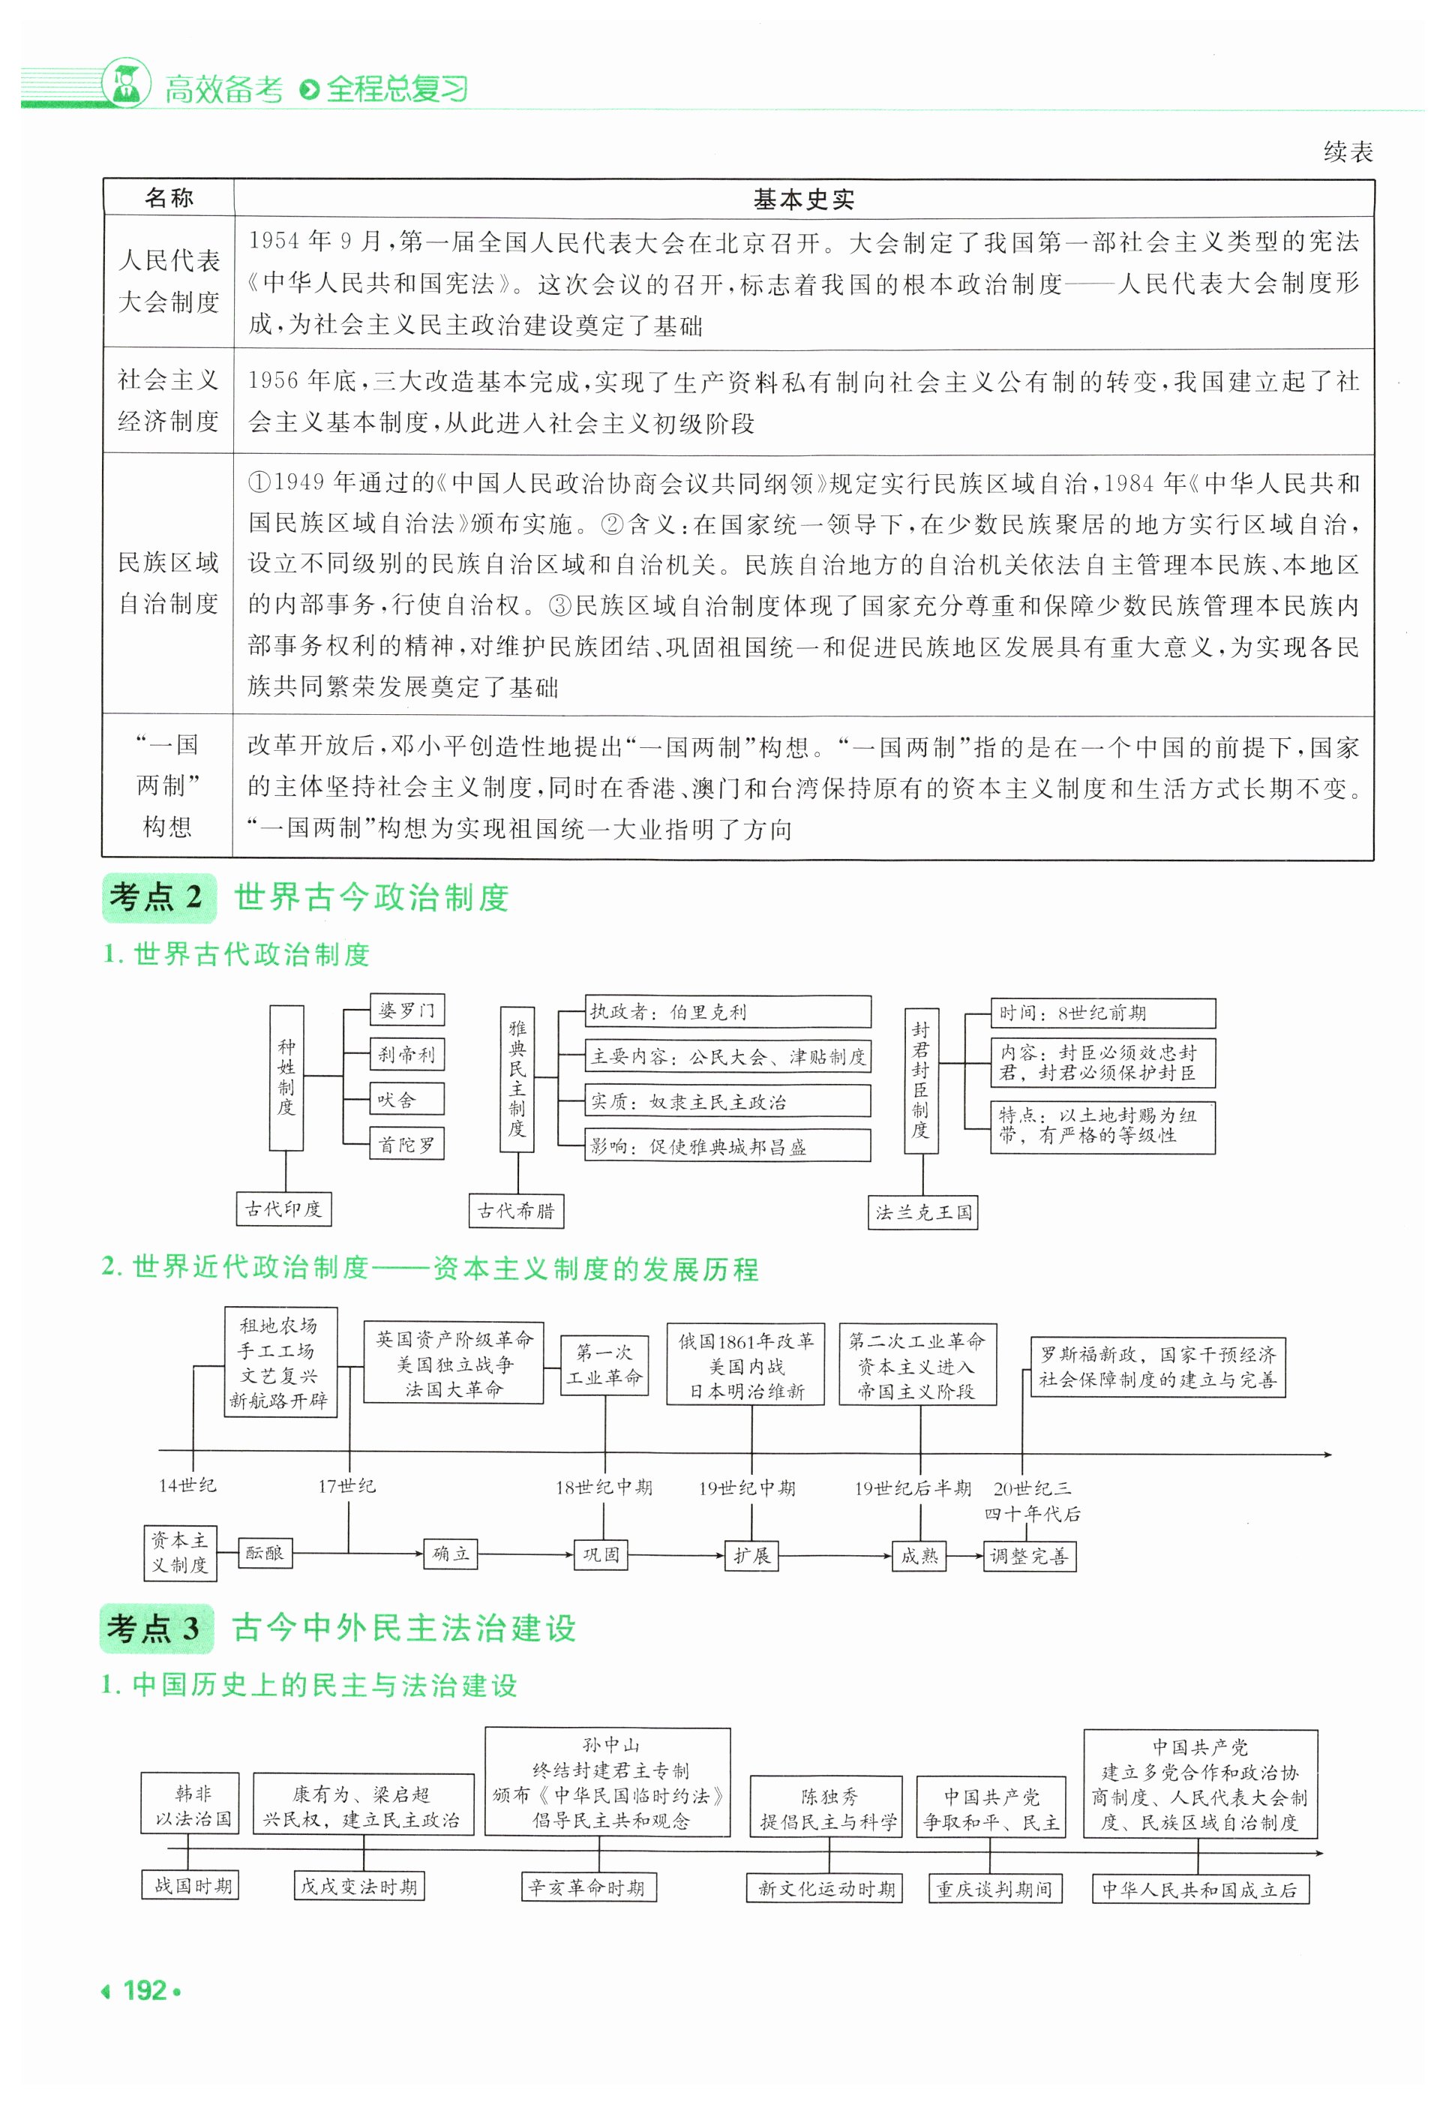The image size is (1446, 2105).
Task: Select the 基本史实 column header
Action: [802, 200]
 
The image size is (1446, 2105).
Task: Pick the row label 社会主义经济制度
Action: [169, 401]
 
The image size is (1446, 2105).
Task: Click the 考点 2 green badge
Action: [158, 897]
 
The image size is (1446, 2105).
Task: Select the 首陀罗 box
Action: [406, 1145]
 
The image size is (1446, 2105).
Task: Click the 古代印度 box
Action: [283, 1209]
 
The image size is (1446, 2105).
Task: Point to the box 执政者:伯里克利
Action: [727, 1011]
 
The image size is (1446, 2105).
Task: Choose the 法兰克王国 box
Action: [923, 1212]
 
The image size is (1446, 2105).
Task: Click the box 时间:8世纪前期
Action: [1102, 1013]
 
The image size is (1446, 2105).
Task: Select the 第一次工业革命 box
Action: [604, 1365]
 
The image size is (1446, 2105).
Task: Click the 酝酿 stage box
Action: [265, 1553]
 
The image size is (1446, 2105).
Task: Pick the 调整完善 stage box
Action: [1029, 1556]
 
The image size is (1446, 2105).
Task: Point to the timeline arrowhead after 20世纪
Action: [1327, 1455]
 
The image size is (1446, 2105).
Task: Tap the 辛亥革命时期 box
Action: [587, 1887]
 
